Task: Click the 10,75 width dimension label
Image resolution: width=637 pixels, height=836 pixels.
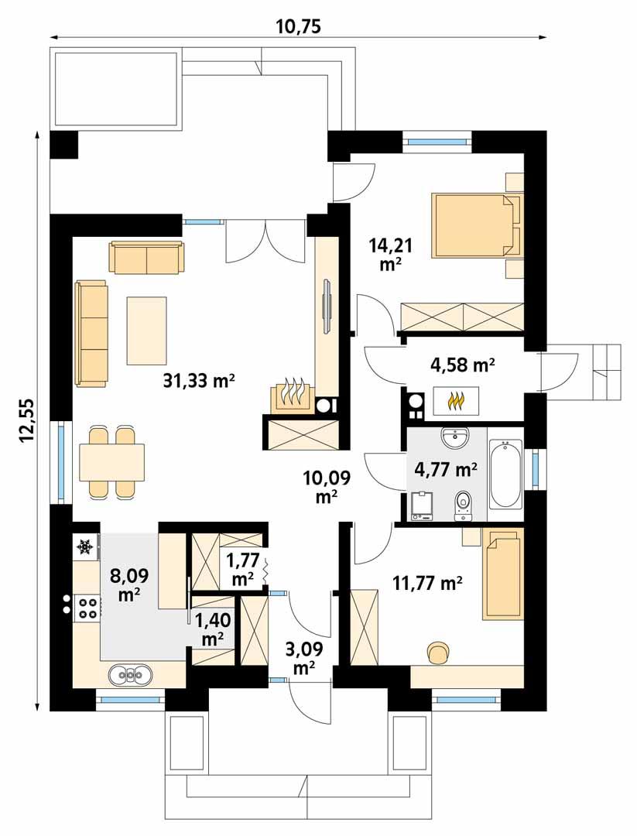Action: tap(298, 27)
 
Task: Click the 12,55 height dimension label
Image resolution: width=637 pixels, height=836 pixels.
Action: tap(29, 420)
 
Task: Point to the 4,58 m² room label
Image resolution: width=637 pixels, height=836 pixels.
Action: tap(463, 364)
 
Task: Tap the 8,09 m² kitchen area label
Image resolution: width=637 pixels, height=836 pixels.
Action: tap(129, 584)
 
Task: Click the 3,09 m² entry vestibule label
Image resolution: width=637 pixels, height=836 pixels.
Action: tap(304, 656)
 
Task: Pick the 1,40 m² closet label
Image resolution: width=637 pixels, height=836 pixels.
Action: tap(212, 629)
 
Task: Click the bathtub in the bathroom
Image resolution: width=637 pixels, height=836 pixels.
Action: tap(505, 474)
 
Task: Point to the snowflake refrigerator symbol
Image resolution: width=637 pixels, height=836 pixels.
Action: tap(85, 547)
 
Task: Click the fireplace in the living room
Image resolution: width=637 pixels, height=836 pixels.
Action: tap(292, 396)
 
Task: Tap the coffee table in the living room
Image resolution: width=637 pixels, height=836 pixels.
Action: tap(146, 331)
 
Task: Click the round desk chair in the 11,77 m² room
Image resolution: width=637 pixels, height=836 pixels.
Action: tap(438, 652)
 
